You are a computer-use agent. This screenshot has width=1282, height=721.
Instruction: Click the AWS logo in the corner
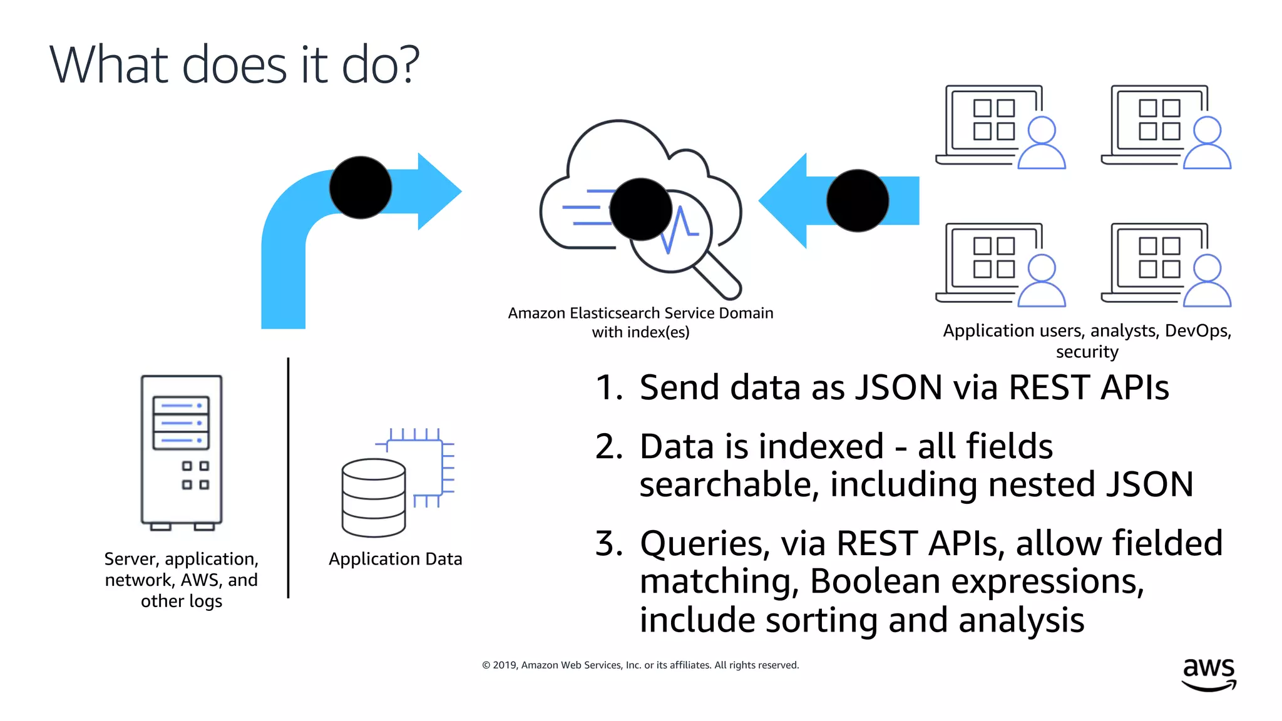[x=1208, y=673]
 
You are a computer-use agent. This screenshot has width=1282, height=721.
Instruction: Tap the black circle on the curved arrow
[x=361, y=188]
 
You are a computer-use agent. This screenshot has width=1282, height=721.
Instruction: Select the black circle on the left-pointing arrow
[x=858, y=200]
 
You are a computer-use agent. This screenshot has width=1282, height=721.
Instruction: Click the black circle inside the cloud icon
[x=640, y=209]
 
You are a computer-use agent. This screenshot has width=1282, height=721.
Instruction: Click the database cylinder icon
[x=374, y=498]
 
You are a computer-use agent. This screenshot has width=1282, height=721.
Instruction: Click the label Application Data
[x=395, y=559]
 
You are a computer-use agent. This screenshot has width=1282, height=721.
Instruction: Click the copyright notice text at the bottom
[x=640, y=665]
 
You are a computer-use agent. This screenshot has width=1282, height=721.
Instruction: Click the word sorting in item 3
[x=821, y=620]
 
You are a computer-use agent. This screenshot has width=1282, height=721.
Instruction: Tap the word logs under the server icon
[x=205, y=601]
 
